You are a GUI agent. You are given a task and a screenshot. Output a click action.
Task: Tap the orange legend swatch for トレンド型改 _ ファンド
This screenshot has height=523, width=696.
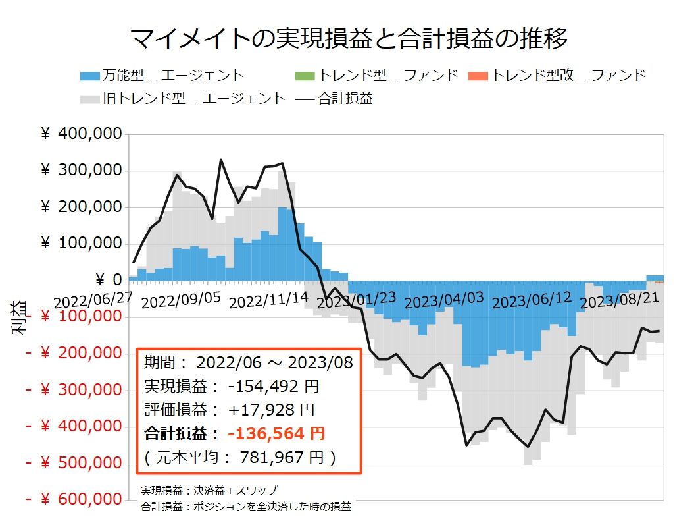coord(478,75)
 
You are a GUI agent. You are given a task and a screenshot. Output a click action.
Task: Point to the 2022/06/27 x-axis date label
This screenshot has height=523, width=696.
coord(93,299)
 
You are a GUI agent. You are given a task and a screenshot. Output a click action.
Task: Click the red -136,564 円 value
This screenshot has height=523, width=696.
coord(276,433)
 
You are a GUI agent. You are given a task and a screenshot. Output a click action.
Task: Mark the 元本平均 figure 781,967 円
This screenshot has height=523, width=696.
coord(287,456)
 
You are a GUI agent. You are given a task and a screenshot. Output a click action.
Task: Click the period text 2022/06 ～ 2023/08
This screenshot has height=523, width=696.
coord(274,362)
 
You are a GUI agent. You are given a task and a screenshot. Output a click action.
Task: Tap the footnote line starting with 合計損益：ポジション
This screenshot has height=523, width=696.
coord(246,507)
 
